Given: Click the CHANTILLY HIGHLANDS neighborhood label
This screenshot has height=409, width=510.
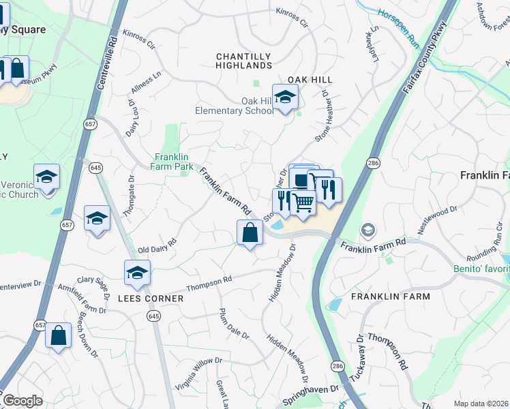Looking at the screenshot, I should coord(243,61).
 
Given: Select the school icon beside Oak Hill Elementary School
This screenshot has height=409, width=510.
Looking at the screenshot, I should coord(285,97).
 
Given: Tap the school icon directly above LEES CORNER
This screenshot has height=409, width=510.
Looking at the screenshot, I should coord(137,273).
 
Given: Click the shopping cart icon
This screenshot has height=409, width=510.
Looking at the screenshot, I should coord(303,202).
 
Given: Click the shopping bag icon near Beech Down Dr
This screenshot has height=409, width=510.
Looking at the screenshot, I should coord(59,335).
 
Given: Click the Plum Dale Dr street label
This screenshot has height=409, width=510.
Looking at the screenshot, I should coord(235,324).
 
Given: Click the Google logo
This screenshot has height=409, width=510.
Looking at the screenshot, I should coord(22,401).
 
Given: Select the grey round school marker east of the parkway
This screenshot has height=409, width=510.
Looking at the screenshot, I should coord(368,230).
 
